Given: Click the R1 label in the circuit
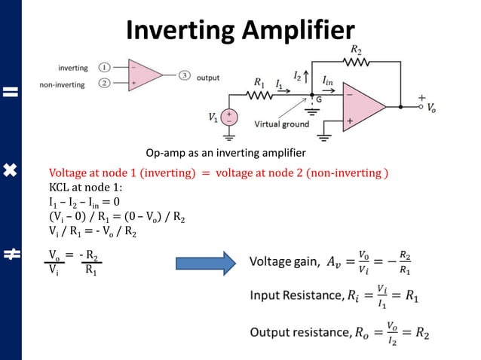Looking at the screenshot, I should click(260, 82).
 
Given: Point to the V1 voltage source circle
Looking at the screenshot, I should click(228, 117).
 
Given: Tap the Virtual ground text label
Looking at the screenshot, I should click(281, 124).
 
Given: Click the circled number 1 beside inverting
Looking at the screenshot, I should click(106, 68).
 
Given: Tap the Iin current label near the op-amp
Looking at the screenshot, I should click(328, 80).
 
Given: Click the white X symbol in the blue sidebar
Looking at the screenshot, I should click(11, 171).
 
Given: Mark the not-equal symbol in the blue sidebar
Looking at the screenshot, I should click(11, 255).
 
